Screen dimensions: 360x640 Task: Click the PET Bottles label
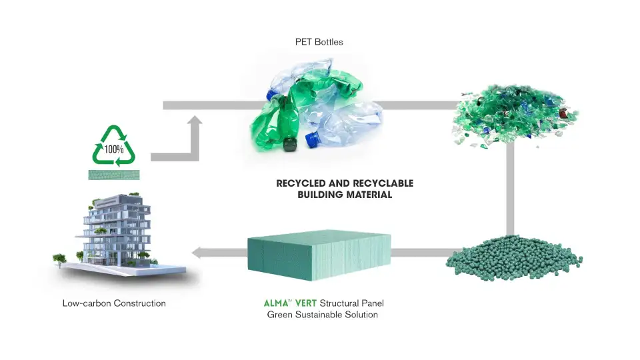pos(319,42)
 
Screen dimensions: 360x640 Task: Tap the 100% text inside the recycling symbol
pos(113,148)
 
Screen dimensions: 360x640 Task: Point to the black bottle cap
pos(290,142)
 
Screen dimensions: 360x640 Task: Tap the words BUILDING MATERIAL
pos(345,195)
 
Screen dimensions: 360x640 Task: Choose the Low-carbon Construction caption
pos(114,303)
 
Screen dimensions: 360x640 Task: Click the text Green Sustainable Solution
pos(323,315)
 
